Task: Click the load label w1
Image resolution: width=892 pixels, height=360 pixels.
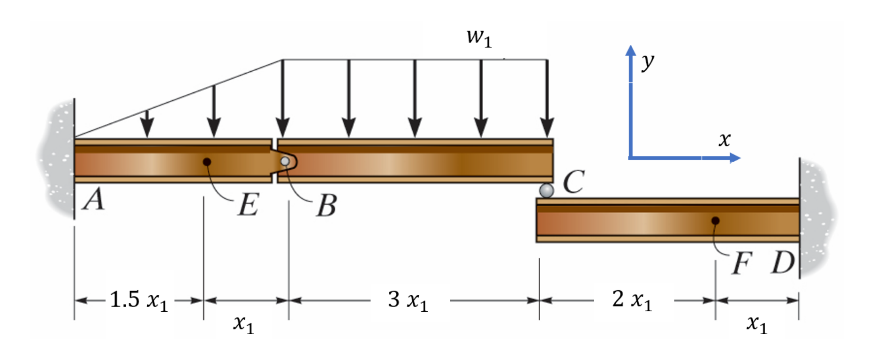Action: tap(479, 37)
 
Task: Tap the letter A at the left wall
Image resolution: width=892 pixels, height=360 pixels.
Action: tap(94, 199)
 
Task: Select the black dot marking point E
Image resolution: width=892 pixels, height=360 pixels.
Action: tap(206, 162)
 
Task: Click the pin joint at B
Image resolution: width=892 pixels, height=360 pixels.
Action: tap(285, 162)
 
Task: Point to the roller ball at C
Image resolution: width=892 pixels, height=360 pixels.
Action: tap(546, 190)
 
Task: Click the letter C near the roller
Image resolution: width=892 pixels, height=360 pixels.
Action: tap(574, 182)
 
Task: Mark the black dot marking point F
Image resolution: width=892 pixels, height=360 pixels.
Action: tap(715, 220)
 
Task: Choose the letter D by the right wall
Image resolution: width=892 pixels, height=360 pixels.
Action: tap(783, 262)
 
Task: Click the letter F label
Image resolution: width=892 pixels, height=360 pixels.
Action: tap(742, 263)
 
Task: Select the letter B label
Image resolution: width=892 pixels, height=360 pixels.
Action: tap(326, 206)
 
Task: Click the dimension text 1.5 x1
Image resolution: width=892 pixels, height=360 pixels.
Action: tap(138, 300)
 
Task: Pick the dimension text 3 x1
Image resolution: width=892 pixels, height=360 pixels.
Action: tap(408, 300)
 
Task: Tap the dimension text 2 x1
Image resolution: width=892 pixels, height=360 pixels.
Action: tap(632, 300)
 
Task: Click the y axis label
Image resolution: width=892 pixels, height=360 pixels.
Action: tap(648, 61)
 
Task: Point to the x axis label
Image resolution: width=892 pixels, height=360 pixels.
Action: tap(724, 139)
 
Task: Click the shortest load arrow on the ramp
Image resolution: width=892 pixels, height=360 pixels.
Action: tap(147, 124)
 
